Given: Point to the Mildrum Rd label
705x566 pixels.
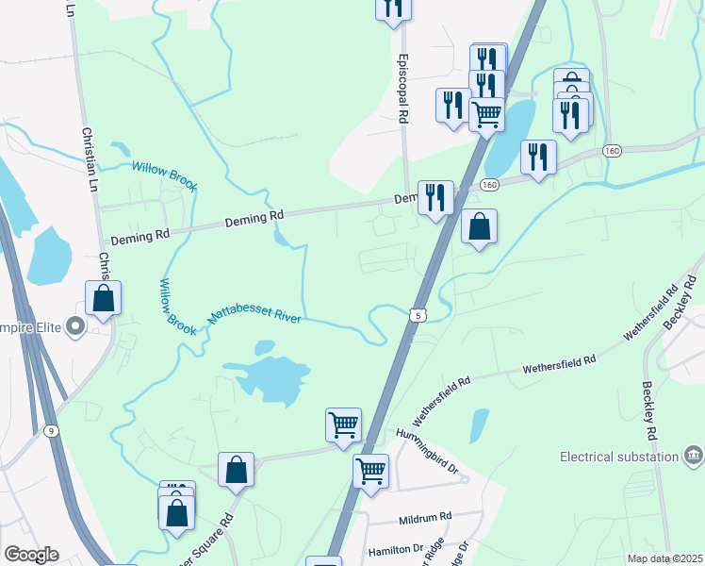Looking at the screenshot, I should point(426,518).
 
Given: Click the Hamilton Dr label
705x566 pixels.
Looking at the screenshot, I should point(395,548).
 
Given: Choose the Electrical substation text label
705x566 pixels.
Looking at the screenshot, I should point(619,457).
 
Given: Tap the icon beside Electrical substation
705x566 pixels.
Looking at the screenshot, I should point(694,457).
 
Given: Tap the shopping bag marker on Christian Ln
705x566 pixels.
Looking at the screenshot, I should point(103,297).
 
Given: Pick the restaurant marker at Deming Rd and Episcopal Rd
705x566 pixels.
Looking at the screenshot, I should point(435,197).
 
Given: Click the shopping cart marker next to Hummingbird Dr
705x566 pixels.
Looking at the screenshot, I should point(370,469).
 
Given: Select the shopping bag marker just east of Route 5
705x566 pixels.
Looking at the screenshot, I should point(480,226).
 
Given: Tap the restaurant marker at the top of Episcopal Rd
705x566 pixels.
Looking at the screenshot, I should point(393,7).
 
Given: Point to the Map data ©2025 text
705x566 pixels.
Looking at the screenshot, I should point(664,558).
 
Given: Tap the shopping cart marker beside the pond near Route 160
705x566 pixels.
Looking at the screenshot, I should point(486,114).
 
